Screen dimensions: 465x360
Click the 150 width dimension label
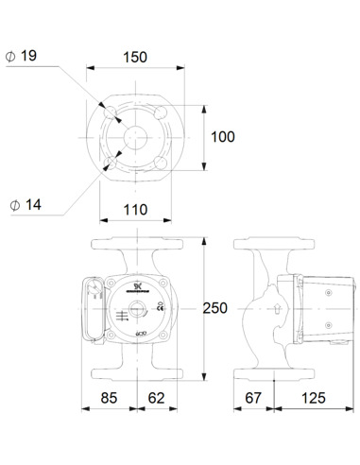[136, 57]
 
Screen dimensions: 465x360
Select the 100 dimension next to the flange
[222, 137]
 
